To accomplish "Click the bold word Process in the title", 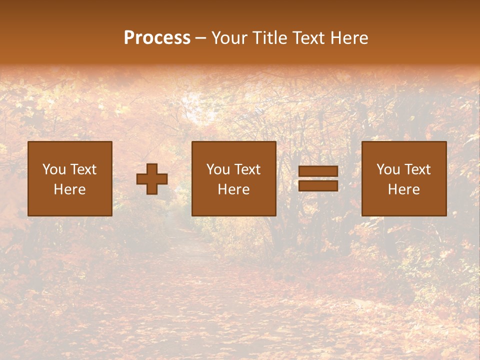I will (157, 38).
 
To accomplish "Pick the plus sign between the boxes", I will (152, 179).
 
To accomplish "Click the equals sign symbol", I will (318, 178).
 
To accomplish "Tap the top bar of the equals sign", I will (318, 171).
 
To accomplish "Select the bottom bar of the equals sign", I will (318, 185).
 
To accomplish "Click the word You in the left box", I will (54, 169).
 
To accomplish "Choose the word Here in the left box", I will (69, 189).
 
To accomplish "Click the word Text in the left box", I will (83, 169).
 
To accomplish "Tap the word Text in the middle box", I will (247, 169).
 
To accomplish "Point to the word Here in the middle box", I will (233, 189).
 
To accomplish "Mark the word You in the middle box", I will (218, 169).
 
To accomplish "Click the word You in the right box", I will (388, 169).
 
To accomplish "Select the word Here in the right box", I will (403, 189).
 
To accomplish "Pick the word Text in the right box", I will (417, 169).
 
